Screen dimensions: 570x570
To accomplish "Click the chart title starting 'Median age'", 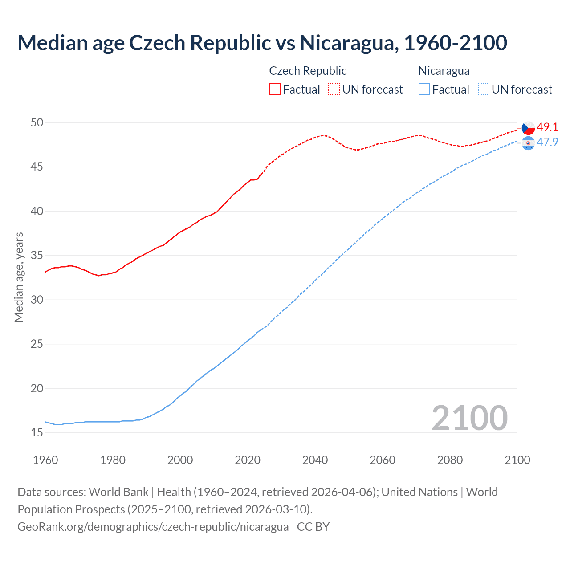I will [262, 43].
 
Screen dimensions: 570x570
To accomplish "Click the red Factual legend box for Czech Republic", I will [275, 89].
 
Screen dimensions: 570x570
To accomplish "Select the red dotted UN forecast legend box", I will [334, 89].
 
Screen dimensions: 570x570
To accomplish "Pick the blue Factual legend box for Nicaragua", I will [424, 89].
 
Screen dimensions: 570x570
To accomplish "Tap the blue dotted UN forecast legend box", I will [484, 89].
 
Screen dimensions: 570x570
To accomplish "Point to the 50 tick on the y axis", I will [37, 122].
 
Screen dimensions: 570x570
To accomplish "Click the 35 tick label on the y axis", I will [37, 256].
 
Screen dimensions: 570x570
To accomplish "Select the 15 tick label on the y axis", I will [37, 433].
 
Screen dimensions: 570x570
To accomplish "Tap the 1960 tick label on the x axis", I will [45, 460].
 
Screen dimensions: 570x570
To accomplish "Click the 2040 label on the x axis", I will [315, 460].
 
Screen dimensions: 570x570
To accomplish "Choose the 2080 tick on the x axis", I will [450, 460].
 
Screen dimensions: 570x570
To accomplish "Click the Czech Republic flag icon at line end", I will [528, 128].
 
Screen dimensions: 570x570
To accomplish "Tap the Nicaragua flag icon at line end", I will [528, 143].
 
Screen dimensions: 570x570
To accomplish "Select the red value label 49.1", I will [547, 127].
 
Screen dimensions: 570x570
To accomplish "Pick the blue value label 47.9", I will [547, 142].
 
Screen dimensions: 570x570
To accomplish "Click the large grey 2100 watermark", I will [469, 418].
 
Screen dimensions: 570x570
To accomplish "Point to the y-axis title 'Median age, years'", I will [19, 277].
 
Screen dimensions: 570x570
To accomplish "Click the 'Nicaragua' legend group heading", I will [444, 71].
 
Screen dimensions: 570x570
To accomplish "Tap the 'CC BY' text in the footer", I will [313, 526].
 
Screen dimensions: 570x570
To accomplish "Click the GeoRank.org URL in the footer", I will [153, 526].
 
